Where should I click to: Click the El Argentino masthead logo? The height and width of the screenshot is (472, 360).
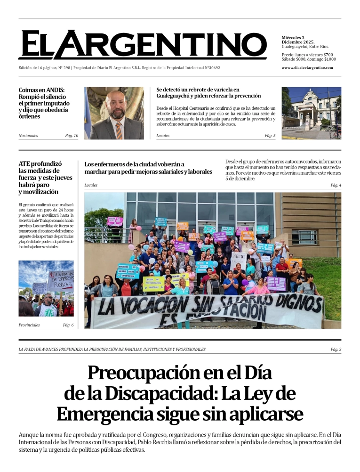point(142,45)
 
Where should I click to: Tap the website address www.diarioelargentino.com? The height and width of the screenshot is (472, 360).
point(307,67)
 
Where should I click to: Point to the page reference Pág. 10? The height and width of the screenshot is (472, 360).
point(72,136)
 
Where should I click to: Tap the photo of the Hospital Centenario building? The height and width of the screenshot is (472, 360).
point(311,113)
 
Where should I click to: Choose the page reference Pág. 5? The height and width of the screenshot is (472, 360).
point(270,136)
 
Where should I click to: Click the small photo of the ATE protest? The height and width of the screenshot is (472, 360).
point(46,288)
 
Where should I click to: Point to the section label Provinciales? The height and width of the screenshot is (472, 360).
point(29,325)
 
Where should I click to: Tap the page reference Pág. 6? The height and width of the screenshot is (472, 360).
point(68,325)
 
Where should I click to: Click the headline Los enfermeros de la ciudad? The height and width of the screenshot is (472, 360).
point(148,168)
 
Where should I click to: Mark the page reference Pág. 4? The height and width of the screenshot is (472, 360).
point(336,185)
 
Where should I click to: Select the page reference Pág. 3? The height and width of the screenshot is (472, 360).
point(336,349)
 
